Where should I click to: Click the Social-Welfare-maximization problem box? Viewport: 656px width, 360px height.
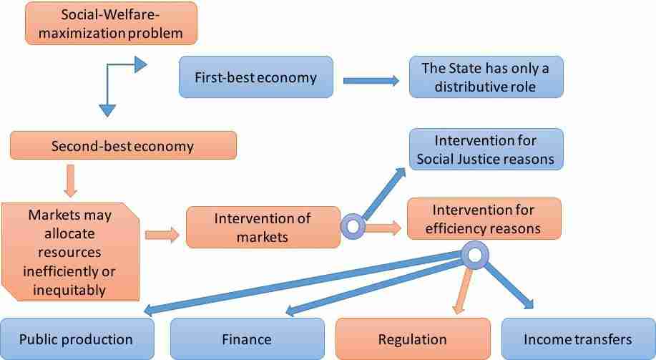111,24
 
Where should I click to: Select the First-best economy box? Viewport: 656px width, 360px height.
256,77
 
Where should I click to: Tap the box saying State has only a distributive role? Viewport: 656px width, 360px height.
486,77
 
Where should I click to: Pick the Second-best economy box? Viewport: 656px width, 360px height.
124,145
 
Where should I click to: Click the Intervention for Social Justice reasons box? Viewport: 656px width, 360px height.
486,150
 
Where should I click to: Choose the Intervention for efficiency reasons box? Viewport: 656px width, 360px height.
484,219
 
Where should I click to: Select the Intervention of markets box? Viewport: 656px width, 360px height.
263,228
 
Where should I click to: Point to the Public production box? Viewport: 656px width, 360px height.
77,339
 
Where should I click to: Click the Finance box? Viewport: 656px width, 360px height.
248,339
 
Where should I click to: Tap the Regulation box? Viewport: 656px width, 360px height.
413,339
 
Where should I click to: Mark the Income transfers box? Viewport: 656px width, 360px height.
579,339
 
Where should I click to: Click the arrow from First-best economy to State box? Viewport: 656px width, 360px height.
371,80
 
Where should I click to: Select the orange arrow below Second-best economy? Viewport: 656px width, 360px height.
70,181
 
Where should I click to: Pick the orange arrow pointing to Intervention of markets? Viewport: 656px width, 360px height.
162,235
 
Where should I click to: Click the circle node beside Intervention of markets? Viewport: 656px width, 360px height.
353,226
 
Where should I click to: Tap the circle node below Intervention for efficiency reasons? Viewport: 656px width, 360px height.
475,255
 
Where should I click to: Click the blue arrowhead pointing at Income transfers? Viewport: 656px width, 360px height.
527,303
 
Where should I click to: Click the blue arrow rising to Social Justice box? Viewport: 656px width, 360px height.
384,193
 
